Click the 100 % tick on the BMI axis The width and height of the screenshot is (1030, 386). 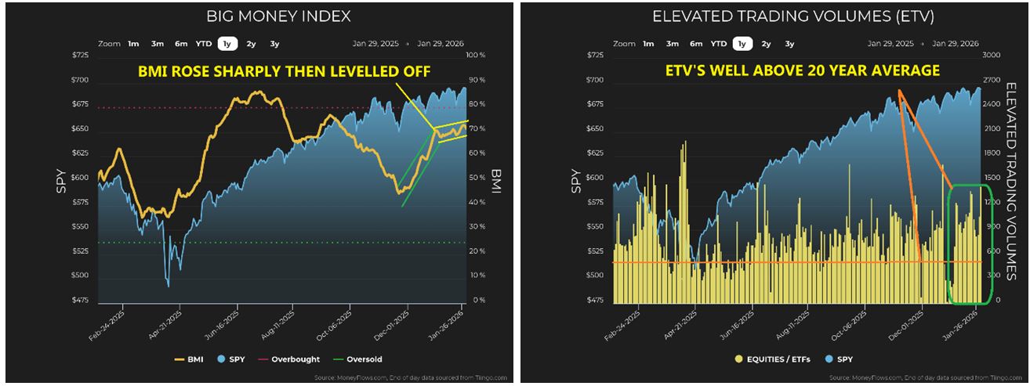tap(477, 56)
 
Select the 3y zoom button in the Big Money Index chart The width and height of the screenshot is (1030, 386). tap(275, 44)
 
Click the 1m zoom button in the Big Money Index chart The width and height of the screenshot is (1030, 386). tap(134, 44)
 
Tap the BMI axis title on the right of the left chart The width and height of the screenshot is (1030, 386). tap(495, 180)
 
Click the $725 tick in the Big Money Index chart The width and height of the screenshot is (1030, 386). tap(82, 56)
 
